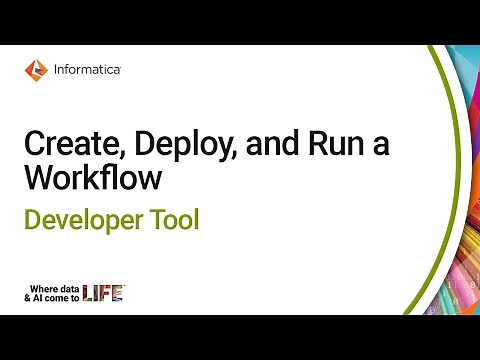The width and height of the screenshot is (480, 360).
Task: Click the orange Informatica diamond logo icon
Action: point(35,70)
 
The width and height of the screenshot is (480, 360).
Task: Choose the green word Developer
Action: point(85,219)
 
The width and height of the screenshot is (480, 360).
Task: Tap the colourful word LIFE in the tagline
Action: point(103,292)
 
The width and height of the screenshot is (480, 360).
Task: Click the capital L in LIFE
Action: point(87,292)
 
